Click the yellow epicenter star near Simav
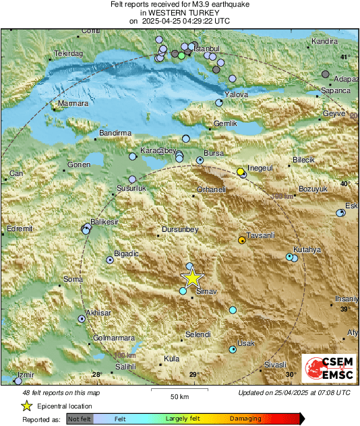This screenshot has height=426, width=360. tap(192, 278)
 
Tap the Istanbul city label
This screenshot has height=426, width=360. tap(207, 49)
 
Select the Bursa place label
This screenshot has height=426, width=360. tap(213, 154)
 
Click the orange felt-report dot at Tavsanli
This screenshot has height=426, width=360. tap(242, 240)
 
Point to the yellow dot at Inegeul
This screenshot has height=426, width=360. tap(240, 172)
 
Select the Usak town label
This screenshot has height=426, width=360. tap(246, 343)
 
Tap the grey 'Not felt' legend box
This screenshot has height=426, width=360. tap(79, 419)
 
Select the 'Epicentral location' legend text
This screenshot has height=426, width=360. tap(65, 406)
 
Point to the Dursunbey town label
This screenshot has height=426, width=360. tap(180, 230)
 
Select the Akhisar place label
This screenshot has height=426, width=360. tap(98, 313)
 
